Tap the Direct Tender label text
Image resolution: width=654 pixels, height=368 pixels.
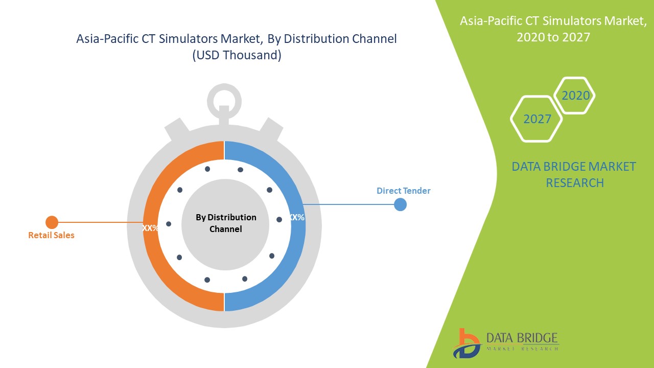click(404, 191)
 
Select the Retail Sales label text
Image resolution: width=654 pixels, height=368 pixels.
click(51, 236)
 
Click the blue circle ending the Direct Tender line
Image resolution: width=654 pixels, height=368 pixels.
click(401, 204)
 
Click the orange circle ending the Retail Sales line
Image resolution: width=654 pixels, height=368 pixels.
click(52, 222)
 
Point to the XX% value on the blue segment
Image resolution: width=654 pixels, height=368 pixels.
click(296, 217)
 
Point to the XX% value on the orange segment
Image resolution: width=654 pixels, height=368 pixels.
click(150, 228)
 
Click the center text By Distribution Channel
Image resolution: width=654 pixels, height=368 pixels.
click(226, 223)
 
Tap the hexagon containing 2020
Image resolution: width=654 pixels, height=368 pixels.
click(575, 96)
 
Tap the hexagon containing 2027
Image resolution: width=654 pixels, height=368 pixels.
click(537, 119)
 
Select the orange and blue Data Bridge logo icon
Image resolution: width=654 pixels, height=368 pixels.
click(465, 343)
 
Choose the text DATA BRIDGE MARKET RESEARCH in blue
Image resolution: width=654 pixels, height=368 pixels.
click(574, 174)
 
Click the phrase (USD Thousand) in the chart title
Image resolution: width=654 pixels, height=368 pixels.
click(237, 55)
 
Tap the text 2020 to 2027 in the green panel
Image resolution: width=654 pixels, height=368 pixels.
click(553, 37)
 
